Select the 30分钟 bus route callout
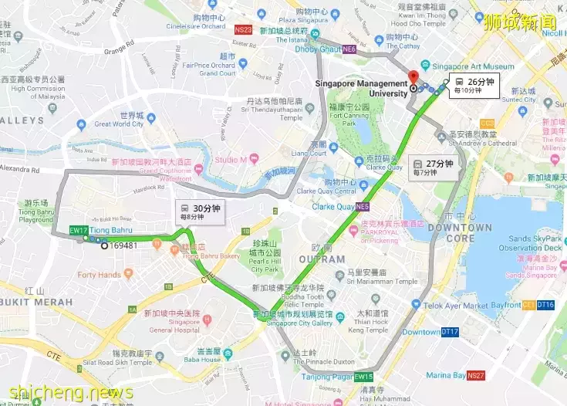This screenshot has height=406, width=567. coord(201,212)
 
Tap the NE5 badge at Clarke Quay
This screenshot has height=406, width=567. coord(363,207)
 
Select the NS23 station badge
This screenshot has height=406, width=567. coord(243,29)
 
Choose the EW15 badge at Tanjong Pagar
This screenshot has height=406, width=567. coord(363,377)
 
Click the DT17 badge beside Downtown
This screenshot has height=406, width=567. coord(451,332)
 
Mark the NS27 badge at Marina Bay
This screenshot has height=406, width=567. coord(476,376)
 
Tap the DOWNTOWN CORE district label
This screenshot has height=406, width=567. coord(460,233)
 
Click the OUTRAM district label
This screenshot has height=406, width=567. coord(328,259)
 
